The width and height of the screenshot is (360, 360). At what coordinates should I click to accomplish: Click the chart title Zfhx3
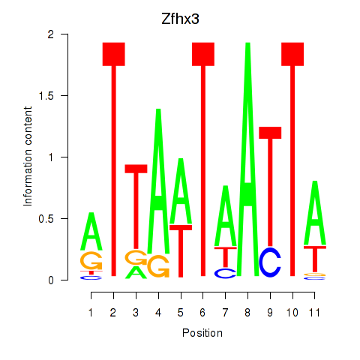click(180, 19)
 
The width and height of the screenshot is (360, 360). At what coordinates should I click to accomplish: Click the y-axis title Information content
click(28, 157)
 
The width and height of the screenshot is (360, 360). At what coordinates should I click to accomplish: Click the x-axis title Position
click(202, 333)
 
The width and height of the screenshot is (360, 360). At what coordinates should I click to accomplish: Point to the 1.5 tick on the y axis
click(64, 95)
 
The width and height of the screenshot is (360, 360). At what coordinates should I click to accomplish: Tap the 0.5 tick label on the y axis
click(46, 219)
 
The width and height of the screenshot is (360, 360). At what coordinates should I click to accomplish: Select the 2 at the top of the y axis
click(51, 34)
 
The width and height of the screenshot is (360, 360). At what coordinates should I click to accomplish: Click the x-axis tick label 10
click(292, 313)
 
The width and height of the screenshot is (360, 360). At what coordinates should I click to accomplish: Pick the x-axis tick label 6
click(202, 313)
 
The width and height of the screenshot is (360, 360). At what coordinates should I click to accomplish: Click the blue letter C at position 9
click(270, 262)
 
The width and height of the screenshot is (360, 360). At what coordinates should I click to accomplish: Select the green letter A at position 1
click(91, 231)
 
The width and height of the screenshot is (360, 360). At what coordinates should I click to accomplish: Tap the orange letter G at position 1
click(91, 260)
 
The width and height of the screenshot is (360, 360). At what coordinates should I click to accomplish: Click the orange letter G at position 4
click(158, 266)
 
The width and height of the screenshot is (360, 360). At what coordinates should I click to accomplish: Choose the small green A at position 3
click(136, 272)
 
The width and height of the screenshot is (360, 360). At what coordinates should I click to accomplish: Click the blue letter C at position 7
click(225, 274)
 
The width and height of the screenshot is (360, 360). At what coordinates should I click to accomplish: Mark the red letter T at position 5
click(181, 251)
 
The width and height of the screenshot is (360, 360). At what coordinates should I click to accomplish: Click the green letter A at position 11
click(315, 213)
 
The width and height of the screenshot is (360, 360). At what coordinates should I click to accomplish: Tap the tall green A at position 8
click(247, 159)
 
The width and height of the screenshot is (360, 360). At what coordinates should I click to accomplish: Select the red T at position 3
click(136, 206)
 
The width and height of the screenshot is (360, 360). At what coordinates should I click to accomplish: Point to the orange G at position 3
click(136, 257)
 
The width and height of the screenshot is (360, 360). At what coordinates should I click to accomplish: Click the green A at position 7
click(226, 216)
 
